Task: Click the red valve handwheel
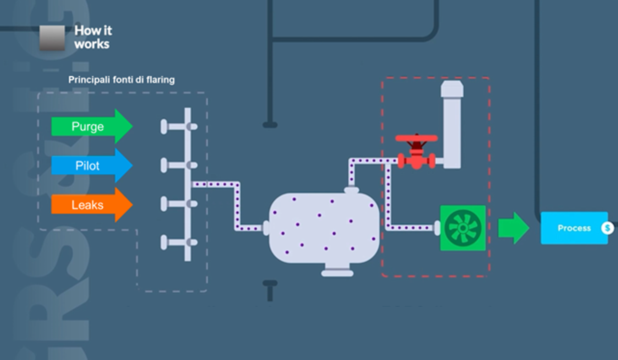[416, 138]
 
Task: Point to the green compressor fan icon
[463, 228]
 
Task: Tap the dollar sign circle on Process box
[607, 228]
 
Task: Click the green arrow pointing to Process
[513, 228]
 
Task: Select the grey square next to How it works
[52, 38]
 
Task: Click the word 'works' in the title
[92, 44]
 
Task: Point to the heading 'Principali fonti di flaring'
[121, 80]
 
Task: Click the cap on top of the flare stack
[452, 88]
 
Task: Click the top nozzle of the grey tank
[351, 190]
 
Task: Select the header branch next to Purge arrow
[179, 127]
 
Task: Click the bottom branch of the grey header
[179, 243]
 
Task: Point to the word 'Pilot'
[87, 166]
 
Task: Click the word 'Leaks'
[87, 205]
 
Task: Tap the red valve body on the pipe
[417, 161]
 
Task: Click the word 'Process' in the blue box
[574, 228]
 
